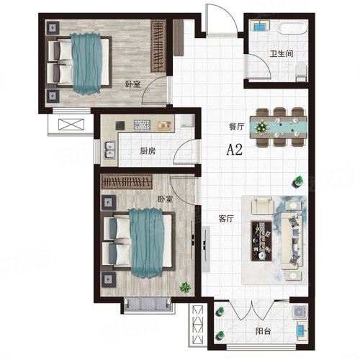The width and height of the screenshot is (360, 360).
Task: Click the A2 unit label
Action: point(235,150)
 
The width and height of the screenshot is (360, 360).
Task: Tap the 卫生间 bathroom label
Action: point(282,53)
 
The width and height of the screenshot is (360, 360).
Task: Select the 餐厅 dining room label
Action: point(236,127)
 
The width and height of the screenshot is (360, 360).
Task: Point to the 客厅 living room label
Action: point(226,218)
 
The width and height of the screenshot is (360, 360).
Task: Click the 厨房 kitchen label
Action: point(148,151)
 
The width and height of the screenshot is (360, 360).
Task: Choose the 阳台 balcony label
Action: point(263,331)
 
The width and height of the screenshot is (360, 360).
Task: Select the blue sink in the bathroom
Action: point(260,26)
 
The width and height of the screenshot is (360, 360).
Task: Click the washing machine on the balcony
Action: point(300,312)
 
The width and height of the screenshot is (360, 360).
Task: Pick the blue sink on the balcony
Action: point(302,331)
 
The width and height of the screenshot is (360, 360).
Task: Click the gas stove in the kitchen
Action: point(142,125)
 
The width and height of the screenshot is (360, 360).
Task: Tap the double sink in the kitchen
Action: point(109,150)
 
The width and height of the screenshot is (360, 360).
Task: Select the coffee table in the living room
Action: point(261,240)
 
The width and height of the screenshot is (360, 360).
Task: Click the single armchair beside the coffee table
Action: point(263,205)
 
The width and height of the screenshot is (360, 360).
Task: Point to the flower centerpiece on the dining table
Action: point(261,127)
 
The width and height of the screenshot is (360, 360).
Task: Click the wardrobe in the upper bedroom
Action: point(158,46)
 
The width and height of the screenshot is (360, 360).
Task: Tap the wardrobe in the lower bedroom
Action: point(127,181)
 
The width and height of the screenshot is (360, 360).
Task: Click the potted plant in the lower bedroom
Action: point(185,287)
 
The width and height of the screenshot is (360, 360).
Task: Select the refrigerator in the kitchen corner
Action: point(187,121)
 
